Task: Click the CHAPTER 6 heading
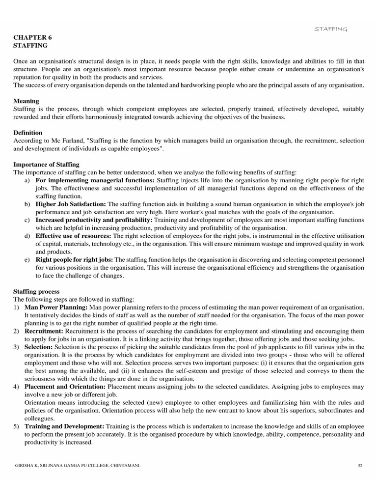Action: [x=32, y=37]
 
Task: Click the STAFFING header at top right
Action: [x=331, y=29]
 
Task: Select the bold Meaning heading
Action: [x=26, y=101]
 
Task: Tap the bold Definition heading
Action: [x=27, y=133]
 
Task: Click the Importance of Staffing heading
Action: [x=46, y=164]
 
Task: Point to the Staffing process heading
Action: [x=36, y=291]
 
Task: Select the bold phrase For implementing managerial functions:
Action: [x=95, y=180]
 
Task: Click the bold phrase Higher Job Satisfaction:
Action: [x=70, y=204]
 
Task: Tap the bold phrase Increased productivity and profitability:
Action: [x=94, y=220]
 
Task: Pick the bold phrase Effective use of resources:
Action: [x=74, y=236]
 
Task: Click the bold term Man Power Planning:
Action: [x=56, y=307]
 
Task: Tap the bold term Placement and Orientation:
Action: [x=65, y=387]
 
